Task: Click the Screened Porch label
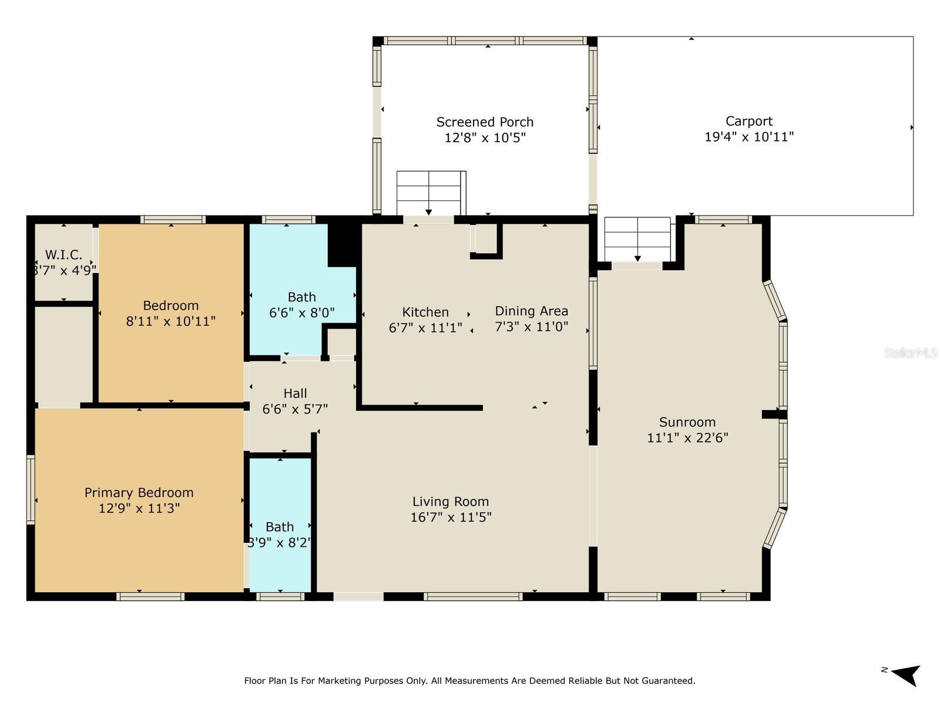(485, 122)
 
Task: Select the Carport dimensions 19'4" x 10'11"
(749, 137)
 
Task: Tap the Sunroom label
(687, 422)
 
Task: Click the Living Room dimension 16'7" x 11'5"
(451, 517)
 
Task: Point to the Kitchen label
(425, 312)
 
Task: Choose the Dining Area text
(531, 311)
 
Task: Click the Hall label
(295, 393)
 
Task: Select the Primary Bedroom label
(139, 492)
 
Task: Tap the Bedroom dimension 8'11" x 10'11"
(170, 321)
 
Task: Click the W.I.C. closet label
(63, 255)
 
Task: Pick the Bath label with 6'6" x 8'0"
(301, 297)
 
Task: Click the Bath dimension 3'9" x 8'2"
(279, 543)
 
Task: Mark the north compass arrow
(905, 674)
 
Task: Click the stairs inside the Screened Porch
(431, 193)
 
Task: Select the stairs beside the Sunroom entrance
(637, 239)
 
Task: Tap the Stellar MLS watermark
(910, 353)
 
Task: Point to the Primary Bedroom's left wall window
(31, 489)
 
